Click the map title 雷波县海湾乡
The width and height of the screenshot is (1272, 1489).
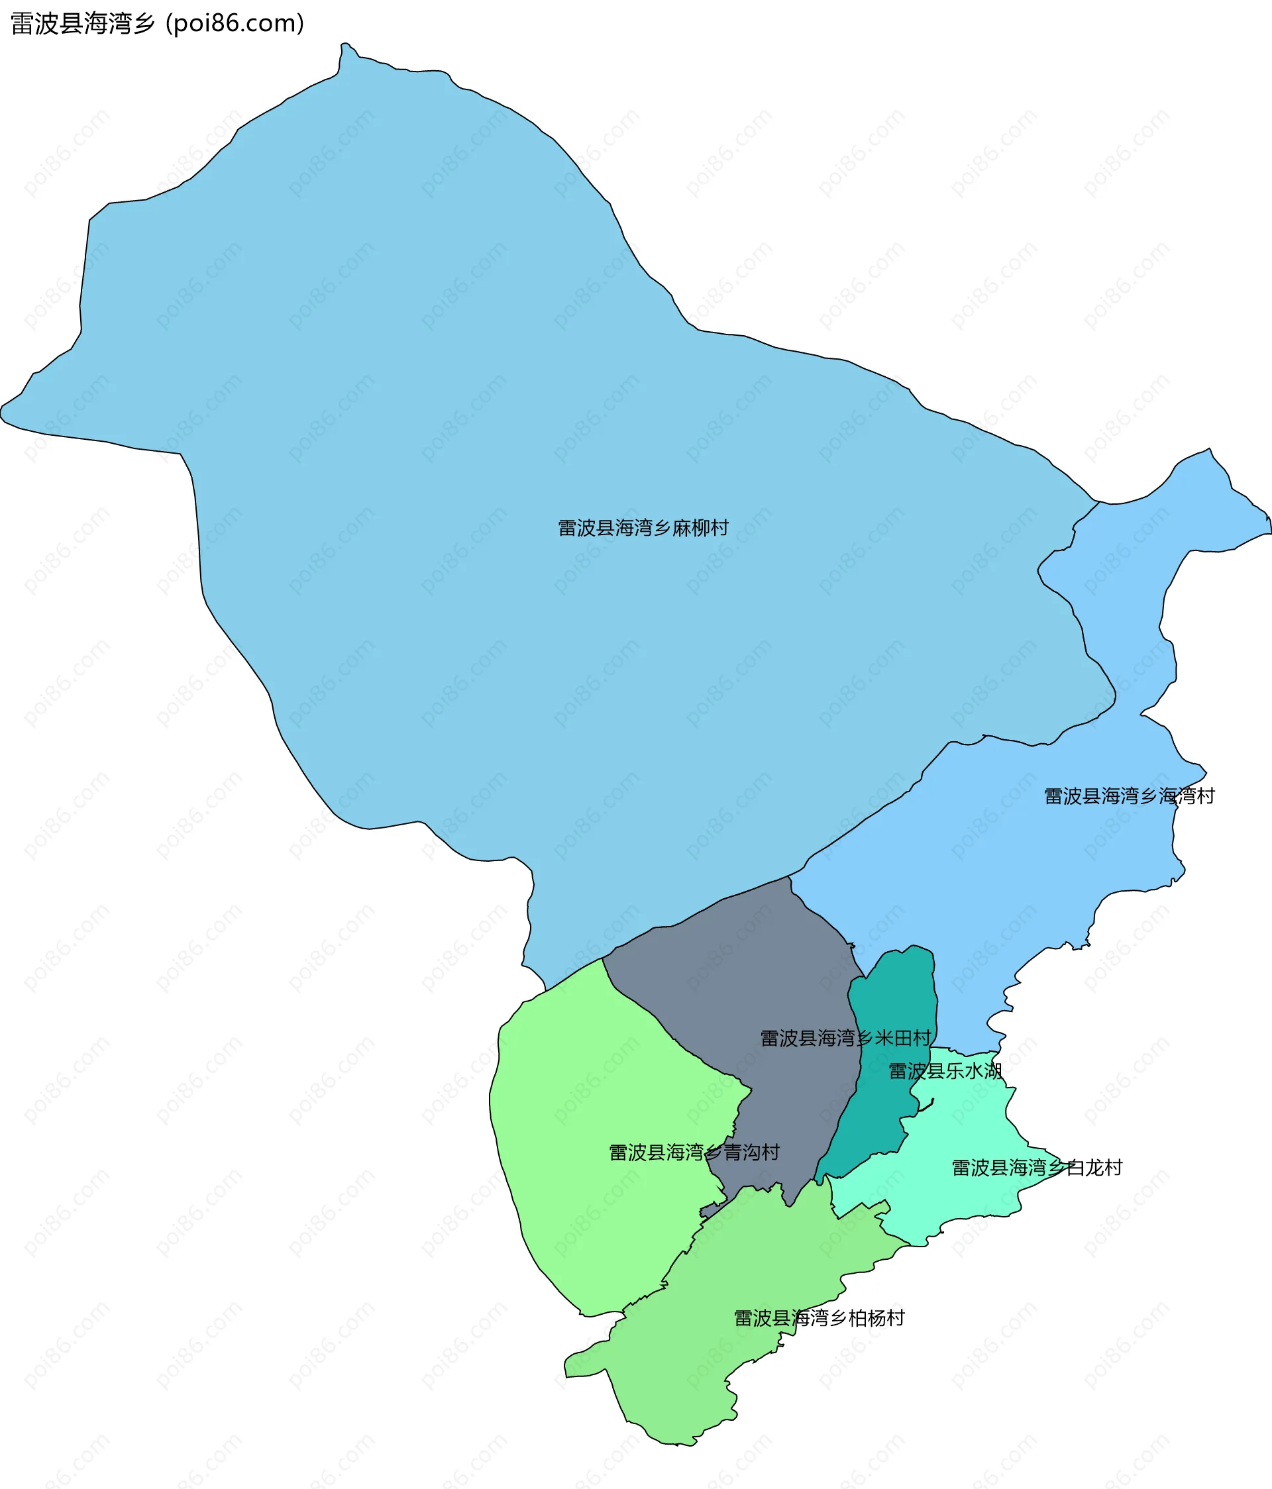83,24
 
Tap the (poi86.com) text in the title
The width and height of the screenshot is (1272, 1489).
235,24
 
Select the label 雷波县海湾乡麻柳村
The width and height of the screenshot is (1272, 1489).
643,528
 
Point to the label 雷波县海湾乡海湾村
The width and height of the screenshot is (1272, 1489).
1129,796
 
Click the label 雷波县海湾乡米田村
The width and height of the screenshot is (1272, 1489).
846,1039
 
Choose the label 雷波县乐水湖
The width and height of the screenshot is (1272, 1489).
945,1071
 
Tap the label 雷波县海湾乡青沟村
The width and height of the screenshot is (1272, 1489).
694,1153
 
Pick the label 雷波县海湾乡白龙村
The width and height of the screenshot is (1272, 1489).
1037,1168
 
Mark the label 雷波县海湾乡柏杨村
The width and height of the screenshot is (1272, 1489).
820,1318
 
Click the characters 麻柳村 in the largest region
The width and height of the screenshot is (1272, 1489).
701,528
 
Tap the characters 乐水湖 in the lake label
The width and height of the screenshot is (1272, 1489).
974,1071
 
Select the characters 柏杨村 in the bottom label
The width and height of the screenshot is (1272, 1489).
876,1318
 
